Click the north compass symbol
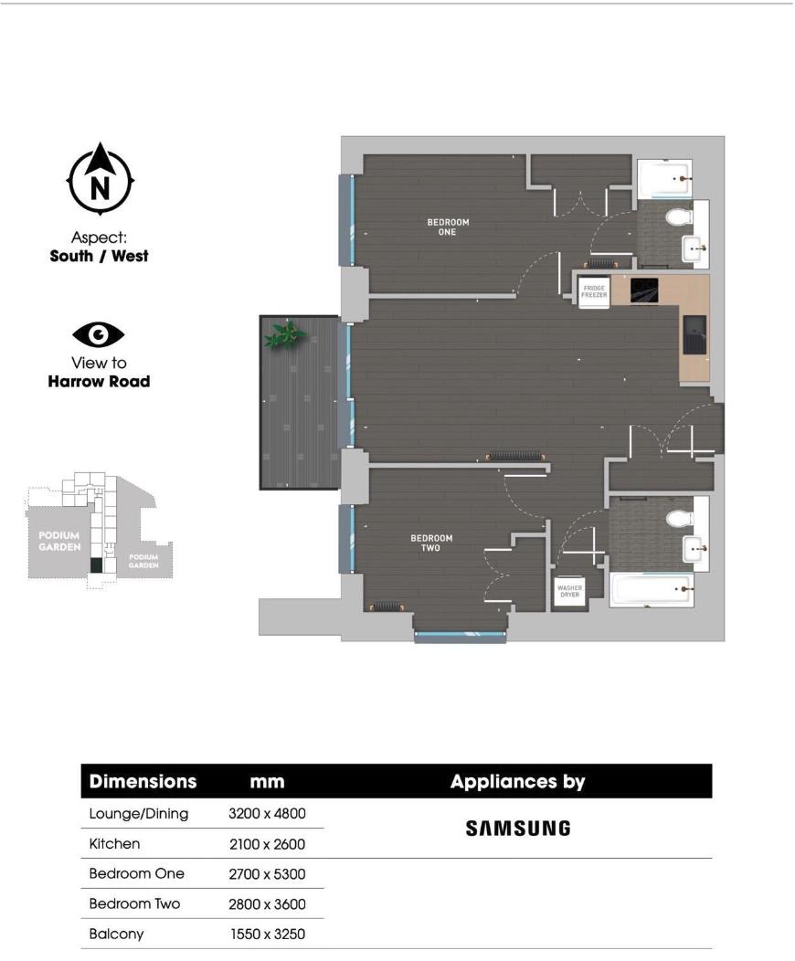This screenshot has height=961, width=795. [101, 181]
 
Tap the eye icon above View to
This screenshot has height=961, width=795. [99, 335]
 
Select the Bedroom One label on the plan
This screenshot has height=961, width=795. [448, 227]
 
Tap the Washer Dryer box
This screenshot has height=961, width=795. [568, 592]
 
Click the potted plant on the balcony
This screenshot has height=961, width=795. [284, 335]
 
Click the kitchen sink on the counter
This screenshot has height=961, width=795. [694, 333]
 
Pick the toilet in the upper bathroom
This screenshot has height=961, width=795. [678, 217]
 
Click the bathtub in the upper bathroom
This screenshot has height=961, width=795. [663, 179]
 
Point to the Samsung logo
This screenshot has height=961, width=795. [518, 829]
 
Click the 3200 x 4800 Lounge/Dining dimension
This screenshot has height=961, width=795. [266, 814]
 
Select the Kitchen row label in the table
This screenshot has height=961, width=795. [114, 844]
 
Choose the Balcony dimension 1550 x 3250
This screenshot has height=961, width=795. [266, 935]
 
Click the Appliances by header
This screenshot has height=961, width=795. [517, 782]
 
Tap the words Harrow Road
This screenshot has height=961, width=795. [99, 381]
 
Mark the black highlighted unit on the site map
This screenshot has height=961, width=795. [96, 565]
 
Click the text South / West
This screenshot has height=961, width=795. [99, 256]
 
